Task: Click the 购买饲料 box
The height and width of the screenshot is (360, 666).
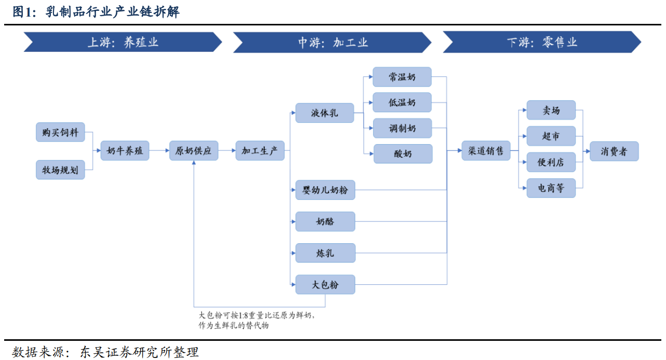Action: coord(60,132)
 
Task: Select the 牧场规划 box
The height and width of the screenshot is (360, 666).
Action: coord(60,170)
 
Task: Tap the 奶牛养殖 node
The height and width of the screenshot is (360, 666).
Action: coord(125,150)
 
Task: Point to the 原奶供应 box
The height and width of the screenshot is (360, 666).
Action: coord(194,150)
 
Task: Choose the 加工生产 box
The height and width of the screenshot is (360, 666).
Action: coord(260,150)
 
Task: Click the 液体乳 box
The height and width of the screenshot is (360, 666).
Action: coord(324,113)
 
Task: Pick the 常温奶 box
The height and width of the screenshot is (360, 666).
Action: coord(402,77)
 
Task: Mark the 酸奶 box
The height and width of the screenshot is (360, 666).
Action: coord(403,154)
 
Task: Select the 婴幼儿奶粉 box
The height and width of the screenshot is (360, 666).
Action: coord(325,190)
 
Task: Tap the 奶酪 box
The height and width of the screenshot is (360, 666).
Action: coord(325,221)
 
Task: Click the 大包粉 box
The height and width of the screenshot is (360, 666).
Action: coord(325,285)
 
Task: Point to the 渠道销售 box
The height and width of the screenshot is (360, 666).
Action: coord(486,150)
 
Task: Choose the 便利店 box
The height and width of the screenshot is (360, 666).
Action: coord(551,162)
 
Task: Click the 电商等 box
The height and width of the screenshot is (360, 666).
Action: coord(551,188)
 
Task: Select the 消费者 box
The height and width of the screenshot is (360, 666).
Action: coord(614,151)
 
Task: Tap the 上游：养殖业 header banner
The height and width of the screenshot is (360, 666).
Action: coord(123,42)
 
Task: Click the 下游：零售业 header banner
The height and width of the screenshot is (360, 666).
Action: coord(542,42)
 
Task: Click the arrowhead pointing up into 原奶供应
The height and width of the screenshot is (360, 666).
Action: coord(194,163)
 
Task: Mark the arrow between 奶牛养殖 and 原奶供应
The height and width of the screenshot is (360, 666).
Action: coord(159,150)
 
